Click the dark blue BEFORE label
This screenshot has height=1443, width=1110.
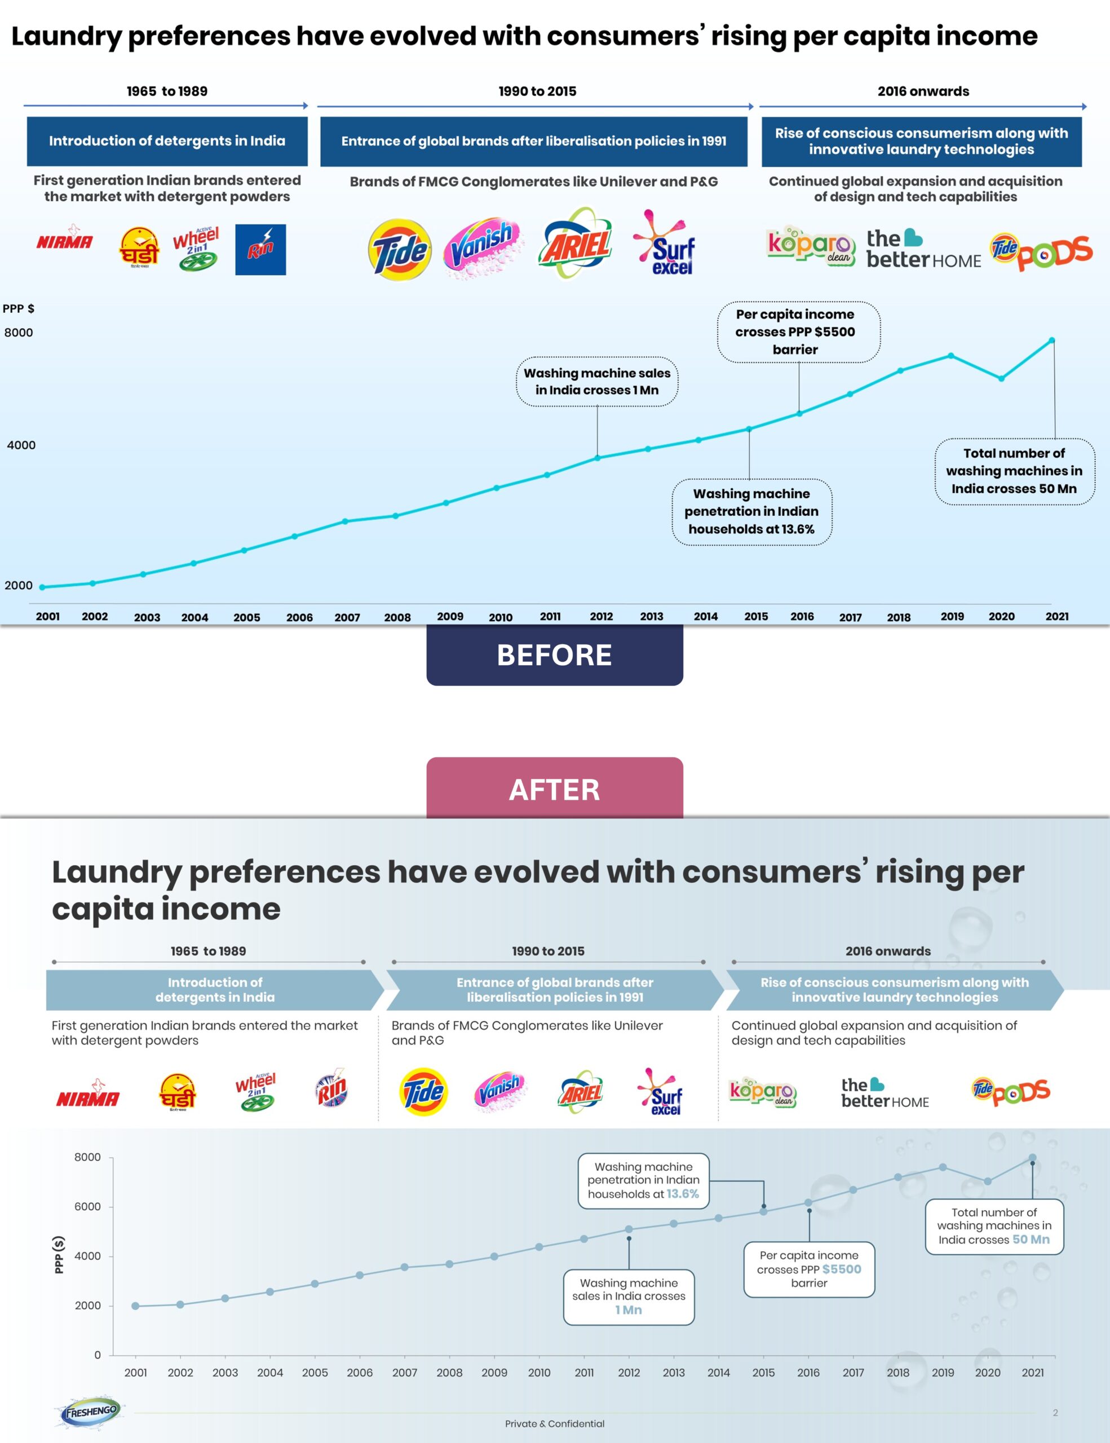(554, 655)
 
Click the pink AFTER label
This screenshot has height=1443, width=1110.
(554, 789)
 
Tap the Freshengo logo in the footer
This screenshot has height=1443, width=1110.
(91, 1412)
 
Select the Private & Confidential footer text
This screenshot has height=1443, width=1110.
(554, 1423)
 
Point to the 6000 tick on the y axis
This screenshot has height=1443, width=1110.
(87, 1206)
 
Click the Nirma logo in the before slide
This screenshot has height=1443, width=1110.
(65, 241)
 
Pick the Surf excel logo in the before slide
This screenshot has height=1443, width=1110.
(665, 245)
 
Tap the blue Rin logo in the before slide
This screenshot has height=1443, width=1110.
(260, 250)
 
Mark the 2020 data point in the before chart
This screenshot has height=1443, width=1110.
(1002, 379)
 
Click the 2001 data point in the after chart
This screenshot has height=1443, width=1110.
(135, 1305)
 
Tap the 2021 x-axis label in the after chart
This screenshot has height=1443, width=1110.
(1033, 1373)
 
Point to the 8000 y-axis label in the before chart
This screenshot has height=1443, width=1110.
(19, 333)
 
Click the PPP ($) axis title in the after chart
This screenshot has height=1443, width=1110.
(59, 1255)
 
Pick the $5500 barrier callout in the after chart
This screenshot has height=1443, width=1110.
(809, 1269)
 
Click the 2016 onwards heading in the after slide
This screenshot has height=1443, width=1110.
(888, 951)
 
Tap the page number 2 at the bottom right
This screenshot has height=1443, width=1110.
(1055, 1413)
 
